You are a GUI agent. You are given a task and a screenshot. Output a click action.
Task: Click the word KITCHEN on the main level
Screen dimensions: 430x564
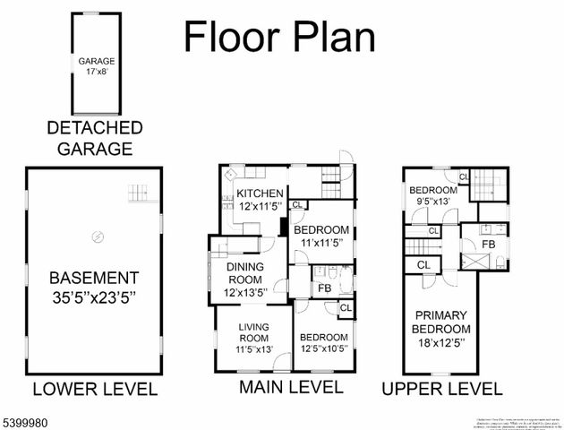point(260,193)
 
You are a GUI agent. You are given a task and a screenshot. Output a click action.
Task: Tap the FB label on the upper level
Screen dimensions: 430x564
point(489,244)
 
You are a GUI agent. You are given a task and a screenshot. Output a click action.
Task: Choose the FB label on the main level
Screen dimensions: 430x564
point(323,288)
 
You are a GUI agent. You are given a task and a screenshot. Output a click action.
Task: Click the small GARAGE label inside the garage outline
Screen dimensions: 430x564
point(97,62)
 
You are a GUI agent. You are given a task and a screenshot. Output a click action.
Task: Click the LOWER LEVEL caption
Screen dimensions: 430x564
point(95,389)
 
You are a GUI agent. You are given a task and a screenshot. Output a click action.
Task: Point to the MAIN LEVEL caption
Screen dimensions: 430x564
point(290,387)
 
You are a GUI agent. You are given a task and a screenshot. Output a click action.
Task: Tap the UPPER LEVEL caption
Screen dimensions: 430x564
point(441,388)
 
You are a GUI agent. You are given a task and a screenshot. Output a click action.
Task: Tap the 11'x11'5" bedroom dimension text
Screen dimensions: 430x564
point(324,242)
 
